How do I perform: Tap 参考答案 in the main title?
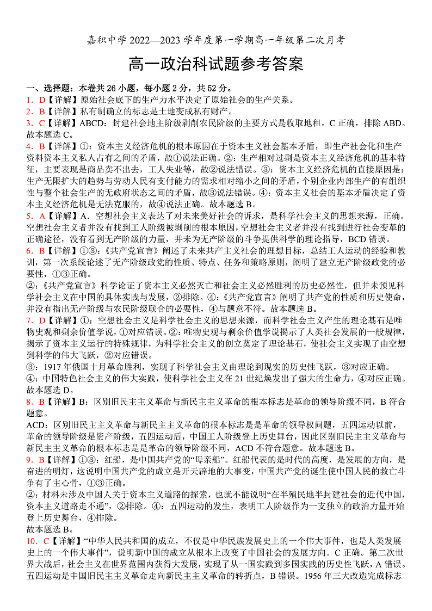click(x=268, y=64)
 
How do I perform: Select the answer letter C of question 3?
click(x=41, y=123)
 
